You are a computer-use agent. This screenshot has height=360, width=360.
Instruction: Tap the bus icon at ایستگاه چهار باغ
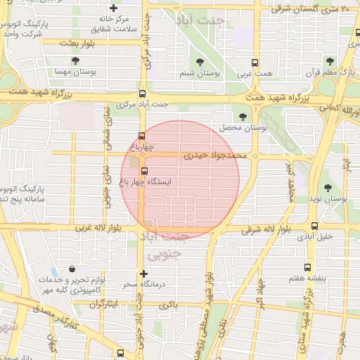pyautogui.click(x=144, y=171)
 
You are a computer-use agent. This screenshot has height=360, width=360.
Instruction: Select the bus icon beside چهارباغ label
pyautogui.click(x=142, y=136)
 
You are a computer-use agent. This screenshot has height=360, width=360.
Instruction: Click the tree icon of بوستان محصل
pyautogui.click(x=243, y=117)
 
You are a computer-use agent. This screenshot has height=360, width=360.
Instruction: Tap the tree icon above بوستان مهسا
pyautogui.click(x=75, y=60)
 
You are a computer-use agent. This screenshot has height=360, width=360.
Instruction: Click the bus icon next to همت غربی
pyautogui.click(x=254, y=62)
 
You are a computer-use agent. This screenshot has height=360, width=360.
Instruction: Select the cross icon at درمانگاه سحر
pyautogui.click(x=144, y=273)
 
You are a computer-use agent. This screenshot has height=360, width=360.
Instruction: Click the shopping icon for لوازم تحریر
pyautogui.click(x=73, y=269)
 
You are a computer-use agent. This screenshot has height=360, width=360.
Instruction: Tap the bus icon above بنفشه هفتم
pyautogui.click(x=307, y=267)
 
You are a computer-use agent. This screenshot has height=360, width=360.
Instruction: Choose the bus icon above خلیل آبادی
pyautogui.click(x=314, y=226)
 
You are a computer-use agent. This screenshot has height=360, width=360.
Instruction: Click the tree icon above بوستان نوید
pyautogui.click(x=328, y=187)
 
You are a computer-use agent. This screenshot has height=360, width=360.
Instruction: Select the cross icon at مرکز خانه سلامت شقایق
pyautogui.click(x=113, y=8)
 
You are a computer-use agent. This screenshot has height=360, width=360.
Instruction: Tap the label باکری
pyautogui.click(x=166, y=305)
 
